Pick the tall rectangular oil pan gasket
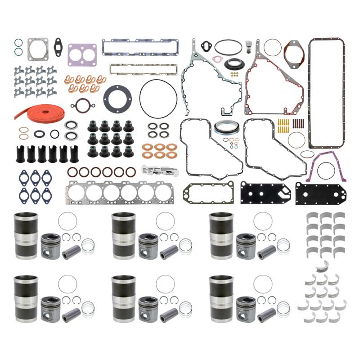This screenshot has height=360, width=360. point(326,92)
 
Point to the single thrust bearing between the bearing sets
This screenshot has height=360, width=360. point(321,263)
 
